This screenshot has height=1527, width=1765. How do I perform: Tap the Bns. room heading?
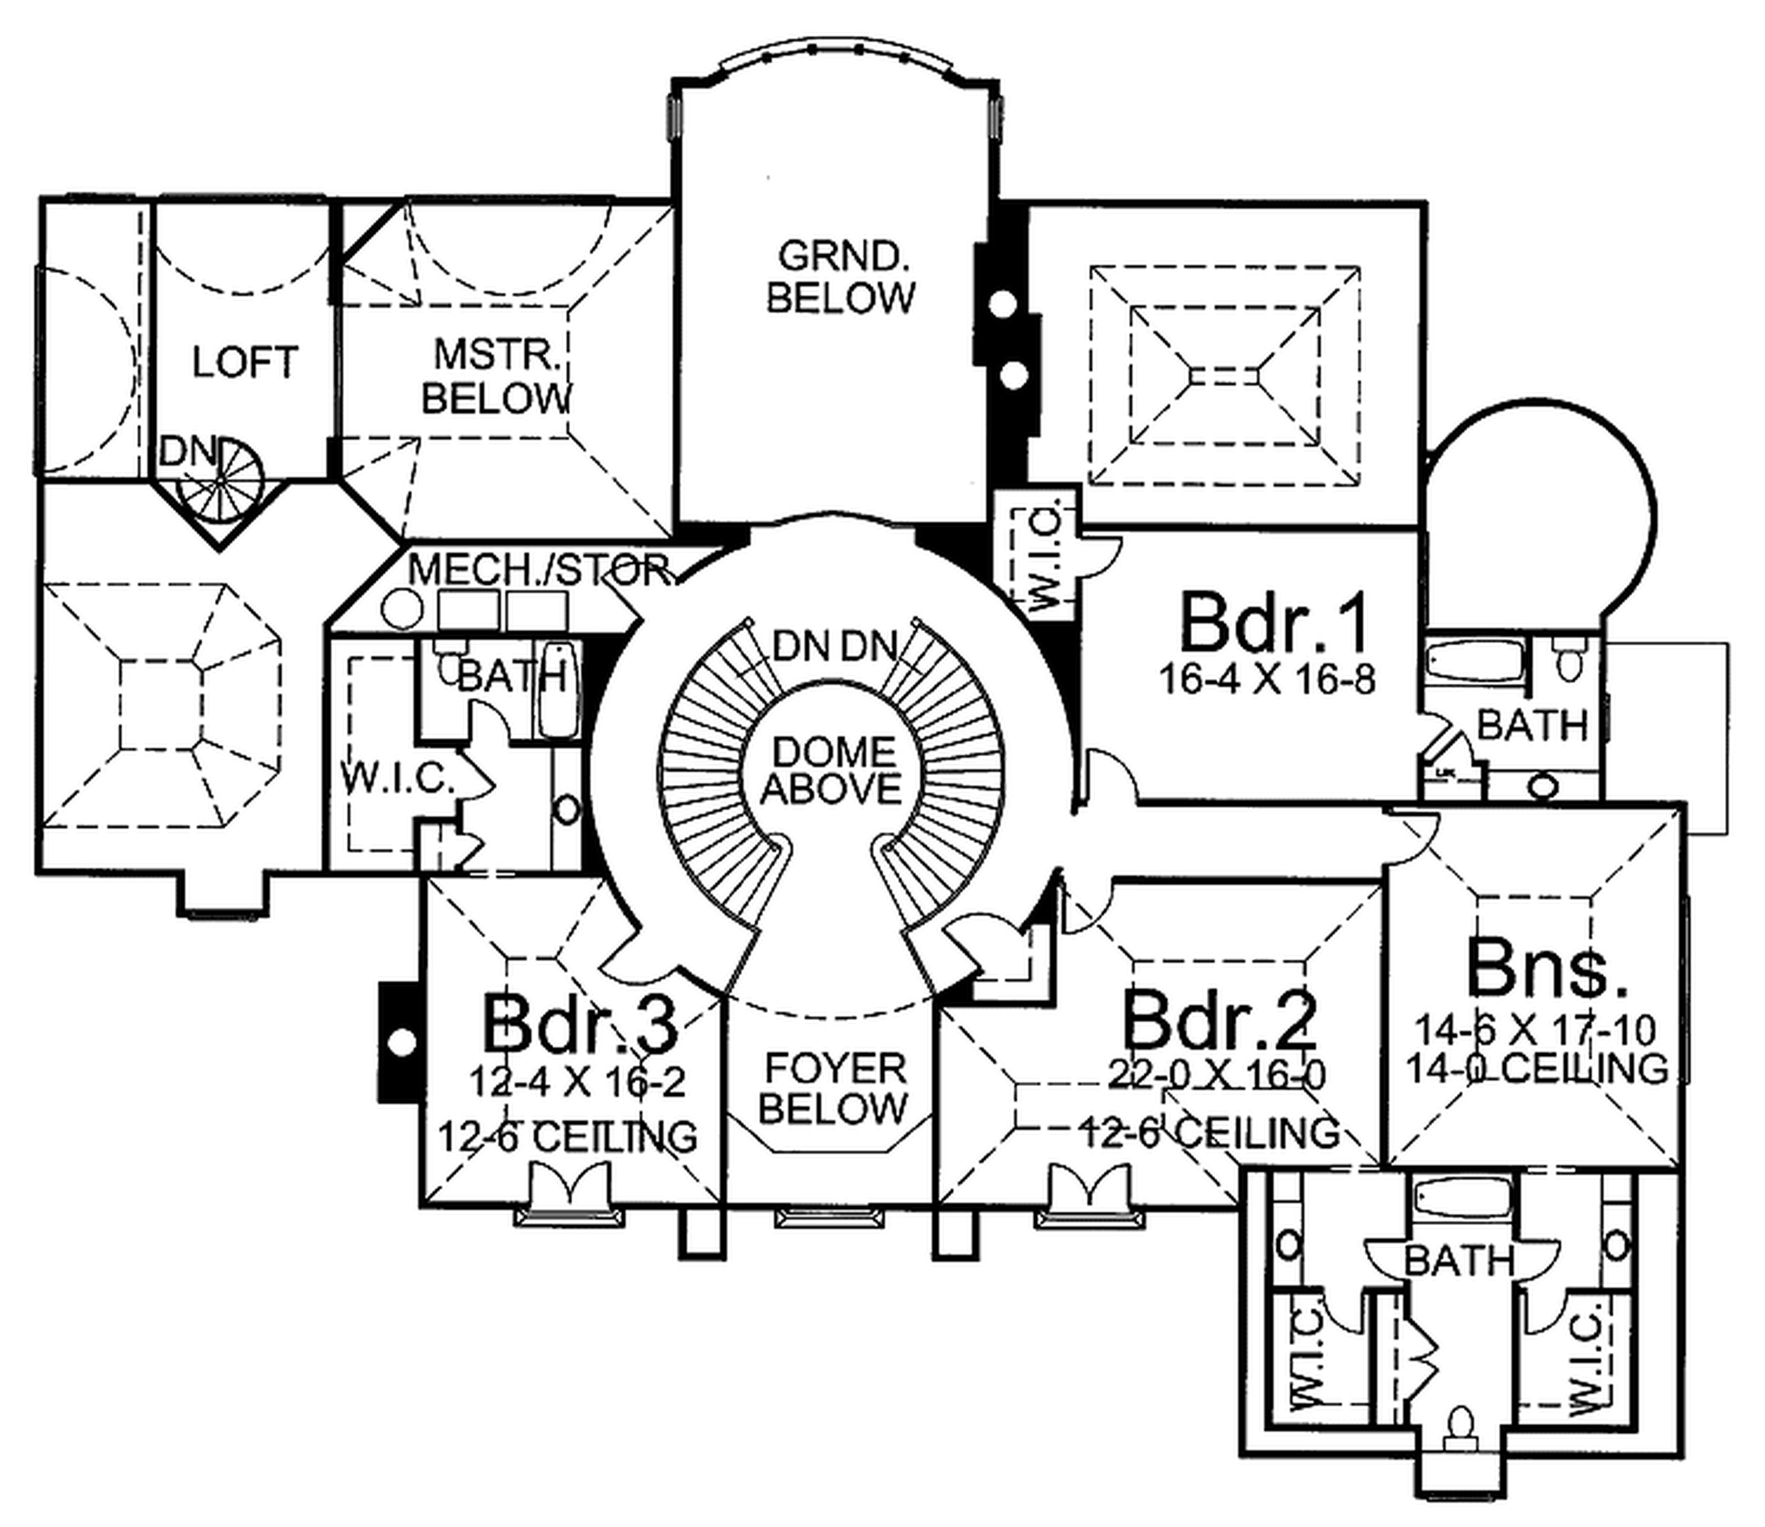click(1546, 967)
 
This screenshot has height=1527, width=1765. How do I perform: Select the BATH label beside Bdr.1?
click(1531, 726)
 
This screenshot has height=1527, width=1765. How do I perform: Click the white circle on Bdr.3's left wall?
click(402, 1041)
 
